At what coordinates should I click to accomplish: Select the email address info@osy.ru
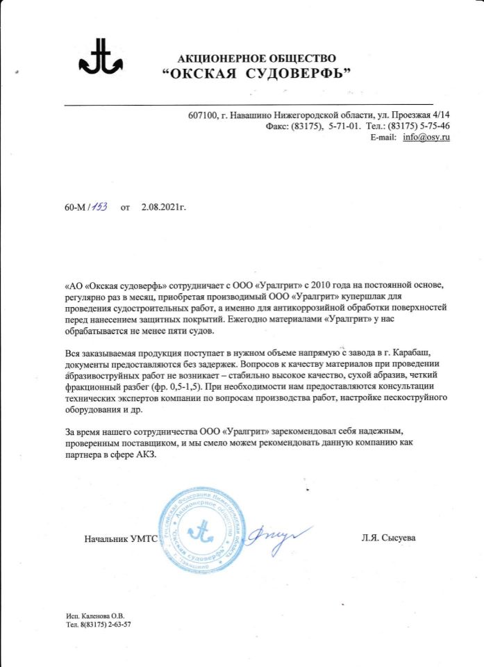(427, 138)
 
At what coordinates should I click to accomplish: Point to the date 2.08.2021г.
(164, 207)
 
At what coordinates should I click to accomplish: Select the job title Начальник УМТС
(121, 538)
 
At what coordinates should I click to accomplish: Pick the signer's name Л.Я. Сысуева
(388, 538)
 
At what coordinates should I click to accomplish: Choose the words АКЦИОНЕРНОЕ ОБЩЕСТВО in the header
(256, 58)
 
